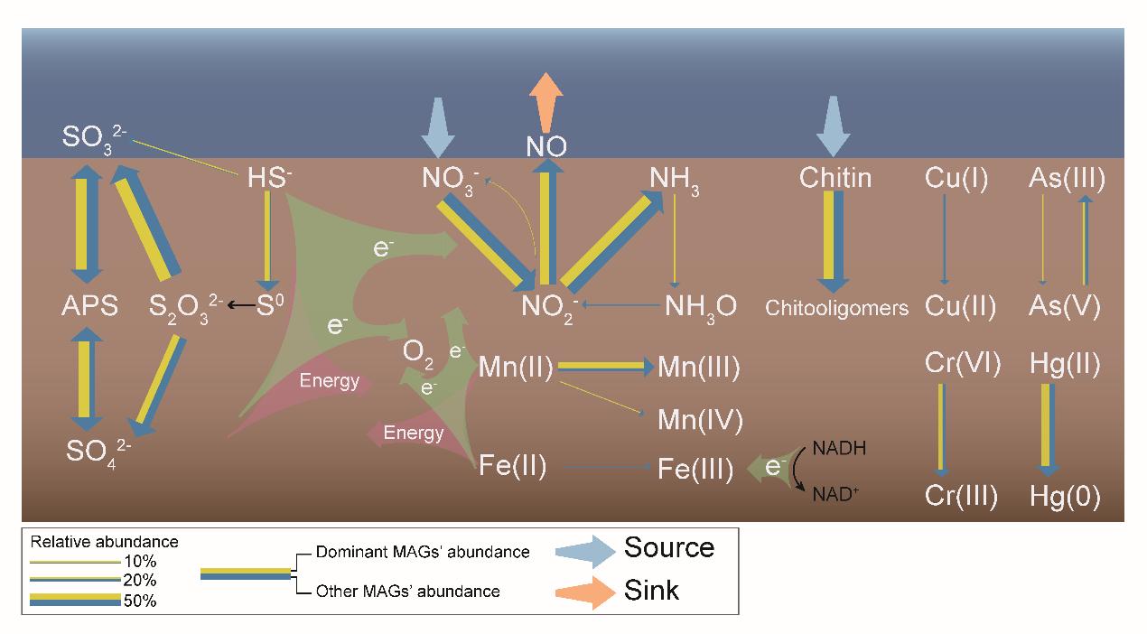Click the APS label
coord(90,307)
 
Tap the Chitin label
coord(835,178)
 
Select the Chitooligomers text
coord(836,308)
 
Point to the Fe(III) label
coord(695,471)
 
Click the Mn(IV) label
coord(700,420)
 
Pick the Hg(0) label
coord(1065,497)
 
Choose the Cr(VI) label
coord(962,365)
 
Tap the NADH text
coord(836,447)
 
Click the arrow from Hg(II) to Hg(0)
coord(1048,430)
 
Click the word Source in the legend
coord(668,548)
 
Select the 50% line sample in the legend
coord(75,600)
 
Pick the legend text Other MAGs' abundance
coord(407,592)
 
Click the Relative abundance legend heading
coord(104,543)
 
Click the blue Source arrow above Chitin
coord(834,127)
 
